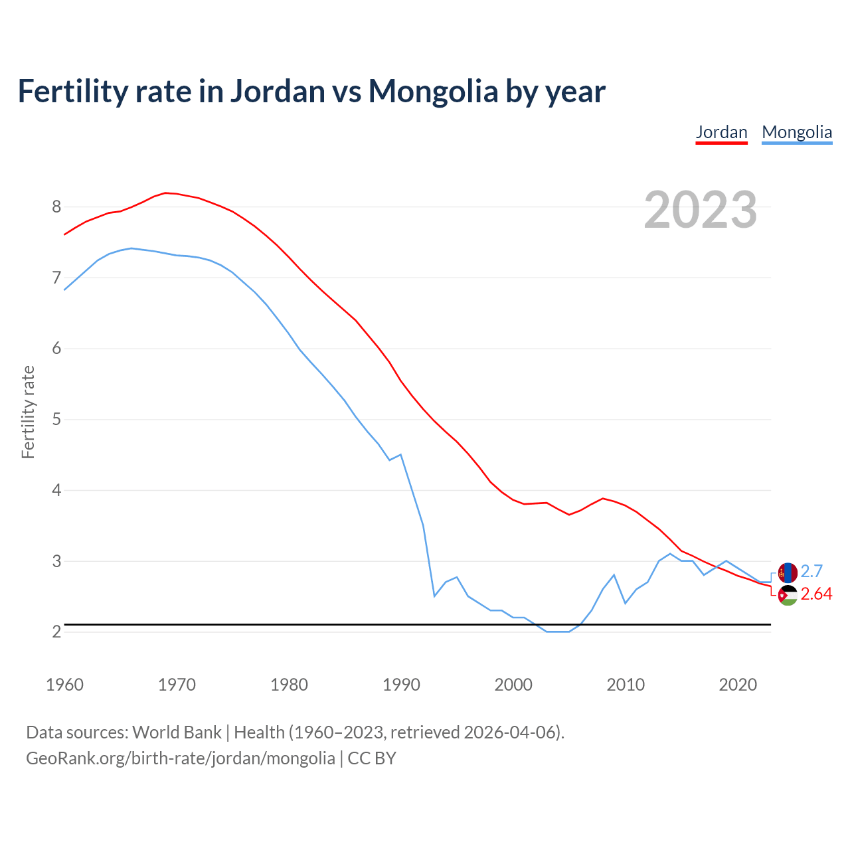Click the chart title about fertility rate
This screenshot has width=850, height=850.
pyautogui.click(x=311, y=91)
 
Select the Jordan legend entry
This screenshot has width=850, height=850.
pyautogui.click(x=721, y=132)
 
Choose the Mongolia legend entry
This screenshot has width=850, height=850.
pyautogui.click(x=797, y=132)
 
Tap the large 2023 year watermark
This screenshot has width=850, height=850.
pyautogui.click(x=701, y=210)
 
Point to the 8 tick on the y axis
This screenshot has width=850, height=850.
pyautogui.click(x=56, y=207)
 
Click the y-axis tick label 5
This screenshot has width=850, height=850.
pyautogui.click(x=56, y=420)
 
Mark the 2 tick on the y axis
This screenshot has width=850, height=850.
pyautogui.click(x=56, y=632)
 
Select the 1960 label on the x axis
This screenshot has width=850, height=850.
pyautogui.click(x=64, y=685)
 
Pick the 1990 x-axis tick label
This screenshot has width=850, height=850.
pyautogui.click(x=401, y=685)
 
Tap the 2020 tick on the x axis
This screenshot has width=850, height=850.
pyautogui.click(x=738, y=685)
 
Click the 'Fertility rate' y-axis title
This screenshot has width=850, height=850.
pyautogui.click(x=28, y=412)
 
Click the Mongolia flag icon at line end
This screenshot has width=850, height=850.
pyautogui.click(x=788, y=572)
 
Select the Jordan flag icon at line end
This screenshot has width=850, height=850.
pyautogui.click(x=788, y=595)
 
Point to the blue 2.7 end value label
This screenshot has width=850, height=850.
pyautogui.click(x=811, y=571)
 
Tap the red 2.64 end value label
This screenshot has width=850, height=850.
pyautogui.click(x=816, y=594)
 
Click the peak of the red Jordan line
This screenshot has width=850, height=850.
pyautogui.click(x=165, y=193)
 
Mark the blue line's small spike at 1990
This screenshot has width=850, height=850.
pyautogui.click(x=400, y=454)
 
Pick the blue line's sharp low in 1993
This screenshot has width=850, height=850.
pyautogui.click(x=434, y=596)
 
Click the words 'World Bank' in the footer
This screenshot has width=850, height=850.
pyautogui.click(x=177, y=732)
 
